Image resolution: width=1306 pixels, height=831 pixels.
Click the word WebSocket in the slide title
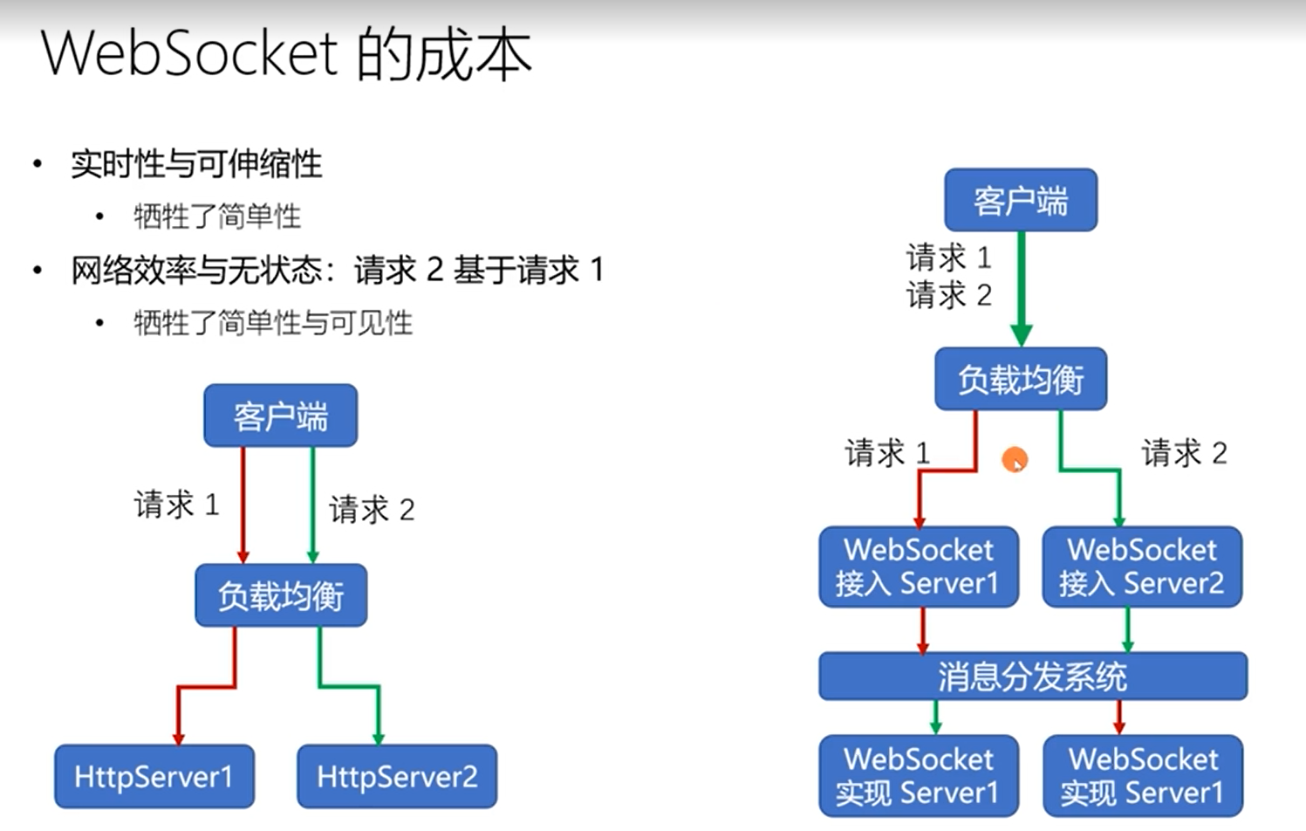pyautogui.click(x=189, y=54)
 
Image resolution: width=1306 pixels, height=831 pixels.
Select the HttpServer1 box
pyautogui.click(x=154, y=776)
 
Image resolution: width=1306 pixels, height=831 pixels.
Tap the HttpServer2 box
pyautogui.click(x=397, y=776)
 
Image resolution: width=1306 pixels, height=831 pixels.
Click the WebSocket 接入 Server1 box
pyautogui.click(x=918, y=567)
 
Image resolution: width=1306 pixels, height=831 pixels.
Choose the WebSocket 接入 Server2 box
pyautogui.click(x=1142, y=567)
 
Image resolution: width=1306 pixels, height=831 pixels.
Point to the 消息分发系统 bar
pyautogui.click(x=1033, y=676)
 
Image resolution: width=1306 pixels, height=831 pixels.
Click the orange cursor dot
pyautogui.click(x=1015, y=460)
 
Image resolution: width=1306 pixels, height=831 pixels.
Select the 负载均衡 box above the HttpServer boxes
pyautogui.click(x=281, y=596)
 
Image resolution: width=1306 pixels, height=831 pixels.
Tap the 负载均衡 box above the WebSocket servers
pyautogui.click(x=1021, y=380)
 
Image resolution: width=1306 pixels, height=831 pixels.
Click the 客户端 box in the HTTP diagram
pyautogui.click(x=281, y=416)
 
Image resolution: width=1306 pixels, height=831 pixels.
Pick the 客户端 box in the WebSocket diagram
pyautogui.click(x=1021, y=201)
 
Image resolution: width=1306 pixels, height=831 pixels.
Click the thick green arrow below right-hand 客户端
pyautogui.click(x=1021, y=288)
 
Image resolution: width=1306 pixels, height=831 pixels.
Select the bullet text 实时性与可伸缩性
pyautogui.click(x=196, y=164)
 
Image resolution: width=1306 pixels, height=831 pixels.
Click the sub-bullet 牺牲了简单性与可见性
pyautogui.click(x=273, y=323)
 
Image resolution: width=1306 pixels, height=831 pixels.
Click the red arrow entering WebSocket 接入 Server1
pyautogui.click(x=919, y=502)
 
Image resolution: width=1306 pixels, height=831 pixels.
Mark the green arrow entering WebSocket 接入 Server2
pyautogui.click(x=1119, y=502)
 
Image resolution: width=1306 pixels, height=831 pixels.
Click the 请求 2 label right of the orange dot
pyautogui.click(x=1184, y=453)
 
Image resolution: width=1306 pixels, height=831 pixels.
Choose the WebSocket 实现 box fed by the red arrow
pyautogui.click(x=1142, y=776)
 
